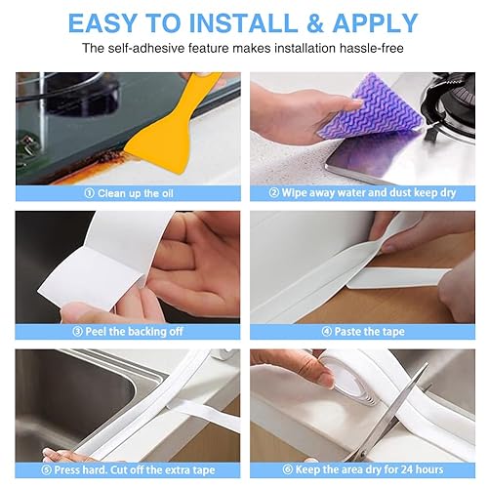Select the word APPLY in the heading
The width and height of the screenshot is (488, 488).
click(x=377, y=21)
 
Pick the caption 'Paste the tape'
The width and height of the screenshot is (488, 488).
click(x=364, y=331)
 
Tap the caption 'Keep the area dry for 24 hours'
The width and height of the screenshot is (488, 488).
click(x=371, y=469)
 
